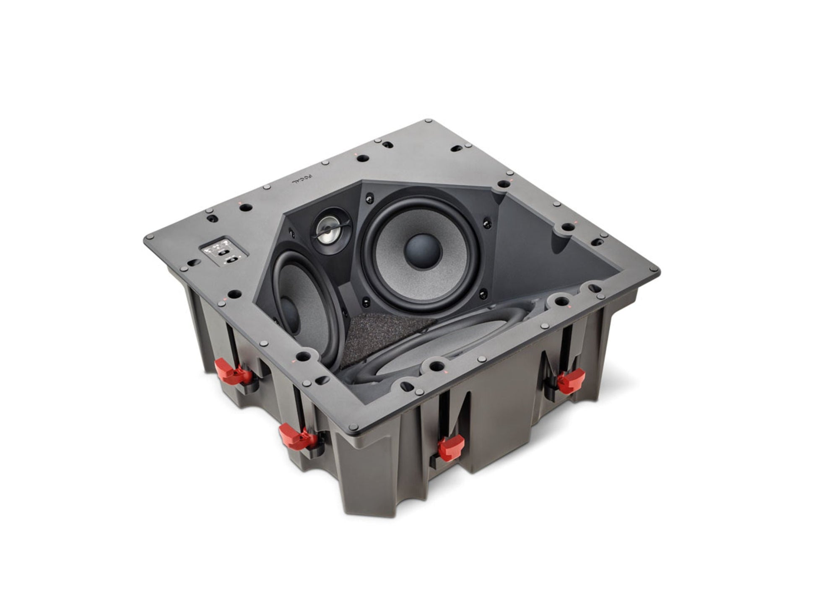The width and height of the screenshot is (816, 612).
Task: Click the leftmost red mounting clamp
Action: pyautogui.click(x=230, y=372)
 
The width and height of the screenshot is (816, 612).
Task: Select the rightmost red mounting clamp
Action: pyautogui.click(x=570, y=381)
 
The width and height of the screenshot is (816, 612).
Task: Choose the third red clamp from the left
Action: pyautogui.click(x=450, y=447)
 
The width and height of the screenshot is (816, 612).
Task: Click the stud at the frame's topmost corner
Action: pyautogui.click(x=428, y=121)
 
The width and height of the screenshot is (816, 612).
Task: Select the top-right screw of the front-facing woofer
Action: pyautogui.click(x=487, y=224)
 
